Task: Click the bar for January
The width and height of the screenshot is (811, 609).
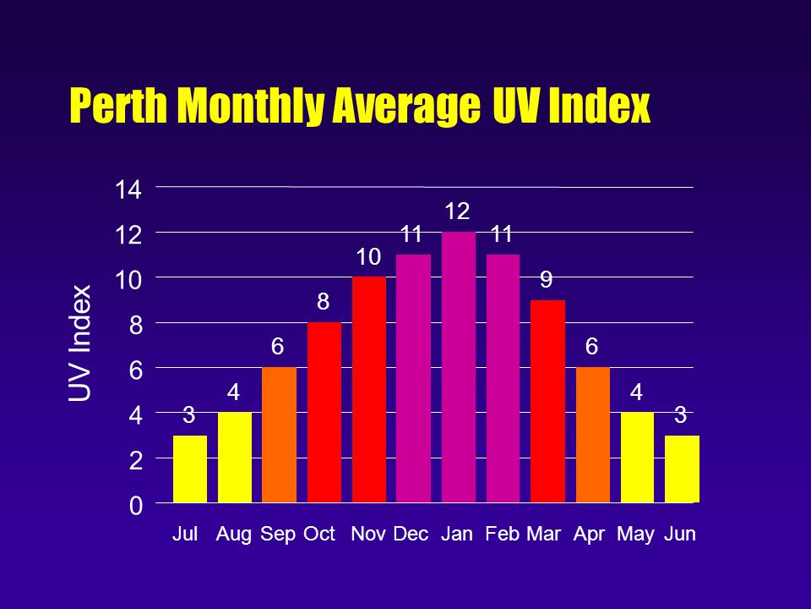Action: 458,367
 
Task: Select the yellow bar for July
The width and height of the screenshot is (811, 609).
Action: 189,469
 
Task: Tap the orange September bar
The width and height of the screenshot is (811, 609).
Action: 279,435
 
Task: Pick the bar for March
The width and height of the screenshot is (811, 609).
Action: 547,401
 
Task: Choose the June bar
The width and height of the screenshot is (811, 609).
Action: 682,469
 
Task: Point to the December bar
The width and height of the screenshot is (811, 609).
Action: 413,378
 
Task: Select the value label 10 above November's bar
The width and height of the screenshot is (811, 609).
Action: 368,255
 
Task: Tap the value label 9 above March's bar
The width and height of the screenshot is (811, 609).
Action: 547,279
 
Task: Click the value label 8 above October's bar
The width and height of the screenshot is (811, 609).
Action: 324,301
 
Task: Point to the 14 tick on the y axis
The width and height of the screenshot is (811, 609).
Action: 128,190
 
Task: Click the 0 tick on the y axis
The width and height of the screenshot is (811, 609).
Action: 135,506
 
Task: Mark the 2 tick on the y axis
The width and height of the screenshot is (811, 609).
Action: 135,461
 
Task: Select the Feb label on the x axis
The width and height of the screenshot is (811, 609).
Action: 502,535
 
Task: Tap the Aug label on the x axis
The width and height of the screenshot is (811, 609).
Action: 234,535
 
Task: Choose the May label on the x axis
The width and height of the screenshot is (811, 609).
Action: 636,535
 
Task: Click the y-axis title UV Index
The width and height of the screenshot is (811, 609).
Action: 80,343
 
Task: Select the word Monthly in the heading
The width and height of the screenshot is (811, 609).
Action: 252,107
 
